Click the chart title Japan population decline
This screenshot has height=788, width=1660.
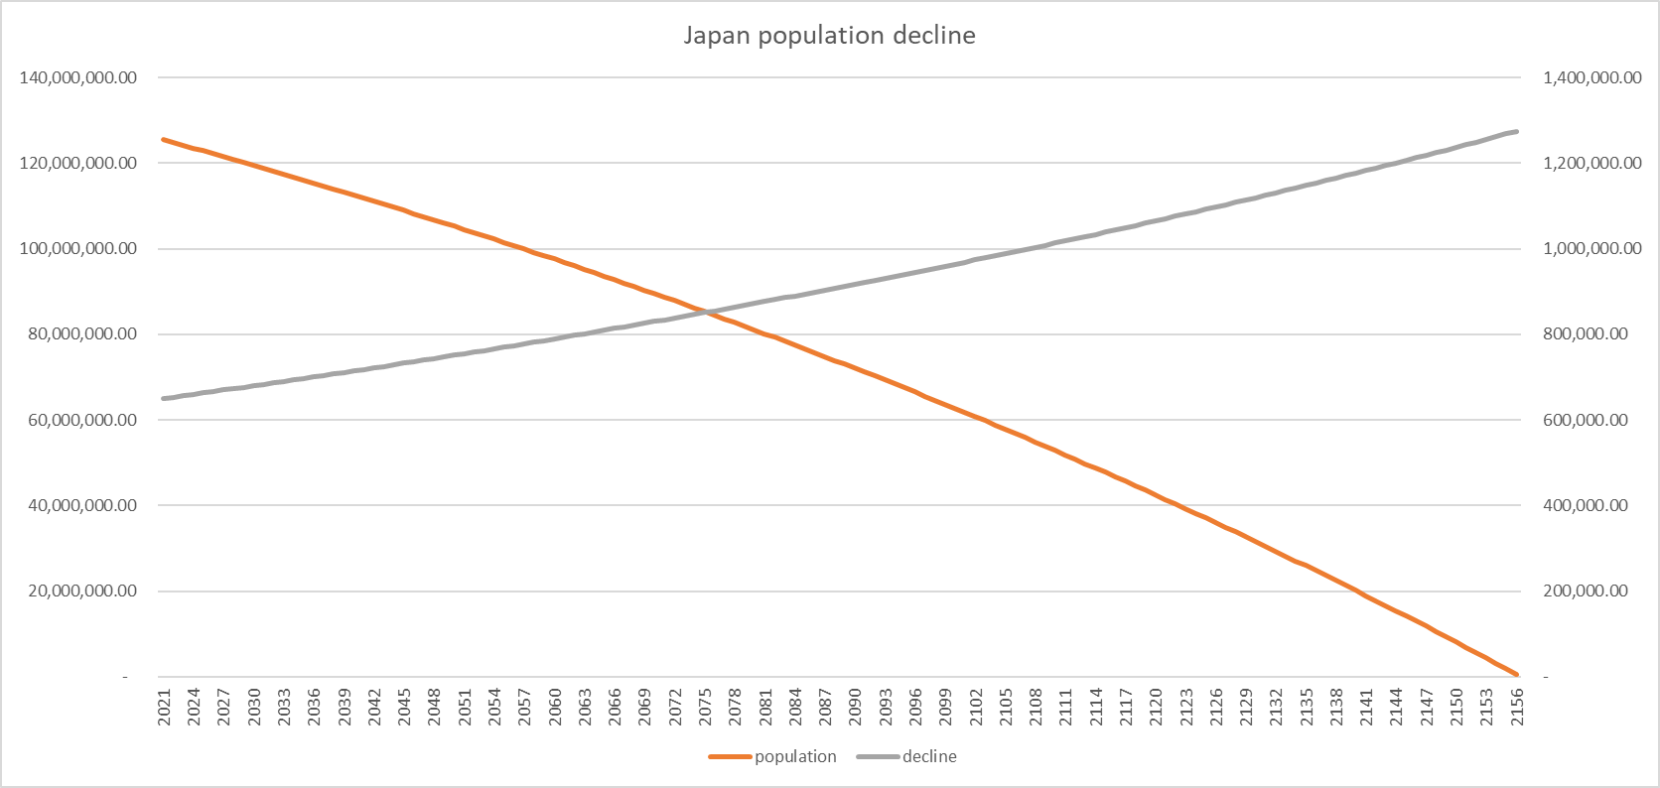829,36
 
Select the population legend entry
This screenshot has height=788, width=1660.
794,756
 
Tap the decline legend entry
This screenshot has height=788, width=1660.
929,756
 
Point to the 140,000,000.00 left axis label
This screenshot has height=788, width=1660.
78,77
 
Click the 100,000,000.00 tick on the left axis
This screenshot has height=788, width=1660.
78,248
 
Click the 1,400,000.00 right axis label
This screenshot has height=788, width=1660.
1591,77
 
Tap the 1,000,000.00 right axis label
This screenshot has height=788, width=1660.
1591,248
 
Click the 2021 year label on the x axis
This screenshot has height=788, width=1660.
165,708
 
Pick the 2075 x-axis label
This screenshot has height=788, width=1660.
705,708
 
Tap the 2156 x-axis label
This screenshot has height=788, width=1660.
1516,708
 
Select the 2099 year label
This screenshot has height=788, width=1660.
945,708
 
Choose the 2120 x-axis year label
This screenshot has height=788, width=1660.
1156,708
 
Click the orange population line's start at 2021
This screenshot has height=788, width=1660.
164,140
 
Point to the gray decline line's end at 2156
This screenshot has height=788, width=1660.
1516,132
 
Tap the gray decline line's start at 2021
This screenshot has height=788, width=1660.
164,399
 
